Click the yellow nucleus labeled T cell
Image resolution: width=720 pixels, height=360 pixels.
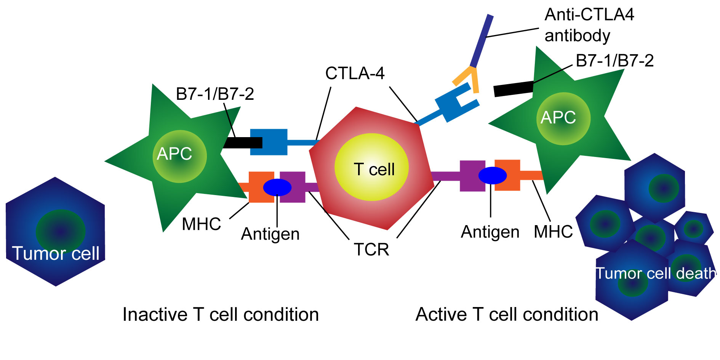tap(371, 167)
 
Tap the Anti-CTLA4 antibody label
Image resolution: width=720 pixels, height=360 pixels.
tap(589, 25)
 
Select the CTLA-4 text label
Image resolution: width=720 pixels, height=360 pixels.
tap(355, 73)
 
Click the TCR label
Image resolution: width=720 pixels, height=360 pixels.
tap(371, 250)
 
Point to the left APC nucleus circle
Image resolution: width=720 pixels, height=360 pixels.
tap(179, 156)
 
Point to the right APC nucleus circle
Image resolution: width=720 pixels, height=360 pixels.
tap(563, 119)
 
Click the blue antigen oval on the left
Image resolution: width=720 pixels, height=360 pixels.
tap(277, 187)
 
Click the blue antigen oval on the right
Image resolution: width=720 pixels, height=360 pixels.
tap(493, 175)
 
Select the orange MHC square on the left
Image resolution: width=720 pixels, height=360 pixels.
tap(261, 187)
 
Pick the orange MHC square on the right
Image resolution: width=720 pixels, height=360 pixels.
tap(507, 175)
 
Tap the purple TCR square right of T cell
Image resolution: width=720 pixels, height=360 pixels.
tap(472, 176)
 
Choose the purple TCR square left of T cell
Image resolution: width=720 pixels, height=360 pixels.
tap(293, 187)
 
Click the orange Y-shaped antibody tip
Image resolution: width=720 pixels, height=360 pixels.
tap(468, 78)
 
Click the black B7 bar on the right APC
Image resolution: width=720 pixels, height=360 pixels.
tap(513, 89)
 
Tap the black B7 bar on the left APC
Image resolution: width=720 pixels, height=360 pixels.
tap(243, 142)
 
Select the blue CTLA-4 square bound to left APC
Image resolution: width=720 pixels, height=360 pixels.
tap(269, 142)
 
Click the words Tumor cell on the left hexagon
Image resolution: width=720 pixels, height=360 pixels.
tap(56, 253)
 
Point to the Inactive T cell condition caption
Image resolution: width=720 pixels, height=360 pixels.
tap(221, 315)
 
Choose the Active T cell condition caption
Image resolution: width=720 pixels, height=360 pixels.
tap(507, 315)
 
